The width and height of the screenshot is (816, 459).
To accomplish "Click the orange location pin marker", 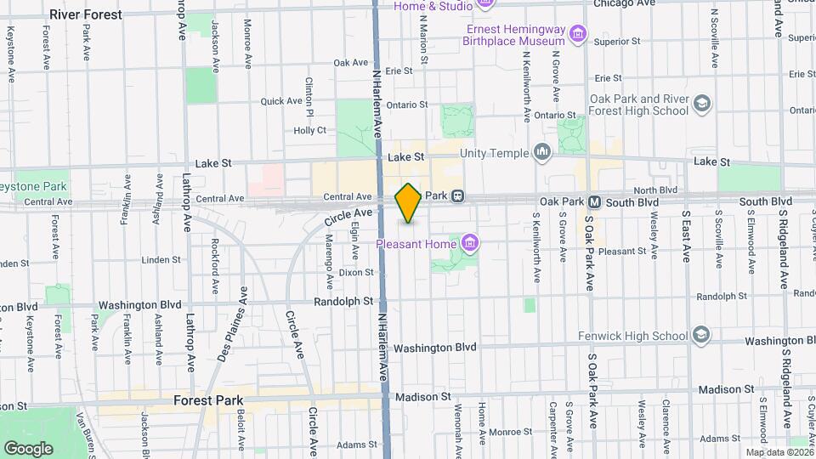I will pyautogui.click(x=408, y=203).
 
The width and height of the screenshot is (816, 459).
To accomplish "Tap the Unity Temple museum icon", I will pyautogui.click(x=542, y=153).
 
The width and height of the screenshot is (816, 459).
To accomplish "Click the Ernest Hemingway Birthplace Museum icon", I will pyautogui.click(x=578, y=35).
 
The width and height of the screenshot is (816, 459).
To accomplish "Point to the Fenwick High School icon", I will pyautogui.click(x=701, y=334).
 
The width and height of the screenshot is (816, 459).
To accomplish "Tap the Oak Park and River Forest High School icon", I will pyautogui.click(x=702, y=104).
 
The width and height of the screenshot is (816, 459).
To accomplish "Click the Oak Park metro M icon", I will pyautogui.click(x=595, y=201).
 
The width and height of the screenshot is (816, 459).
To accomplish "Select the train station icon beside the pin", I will pyautogui.click(x=457, y=195).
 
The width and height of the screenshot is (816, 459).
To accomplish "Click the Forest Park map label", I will pyautogui.click(x=208, y=400).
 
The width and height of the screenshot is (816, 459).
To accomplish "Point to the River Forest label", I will pyautogui.click(x=85, y=14).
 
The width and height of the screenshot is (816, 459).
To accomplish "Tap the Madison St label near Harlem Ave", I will pyautogui.click(x=422, y=397).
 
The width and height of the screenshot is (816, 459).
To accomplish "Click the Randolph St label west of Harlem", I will pyautogui.click(x=343, y=301).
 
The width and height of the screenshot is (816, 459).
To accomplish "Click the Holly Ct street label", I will pyautogui.click(x=309, y=130).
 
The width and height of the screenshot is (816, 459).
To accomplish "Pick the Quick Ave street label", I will pyautogui.click(x=281, y=101).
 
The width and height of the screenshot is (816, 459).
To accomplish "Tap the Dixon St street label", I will pyautogui.click(x=356, y=273).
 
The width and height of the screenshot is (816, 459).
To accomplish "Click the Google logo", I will pyautogui.click(x=28, y=448).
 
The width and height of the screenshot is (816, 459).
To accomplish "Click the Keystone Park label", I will pyautogui.click(x=32, y=185).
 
